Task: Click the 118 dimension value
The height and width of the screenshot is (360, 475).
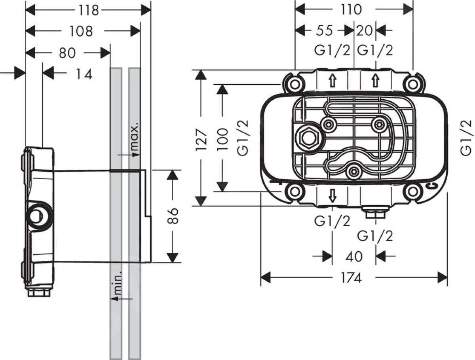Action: click(x=88, y=10)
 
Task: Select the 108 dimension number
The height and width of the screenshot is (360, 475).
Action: click(x=81, y=31)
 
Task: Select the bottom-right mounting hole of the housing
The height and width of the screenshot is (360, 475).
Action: click(x=412, y=192)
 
